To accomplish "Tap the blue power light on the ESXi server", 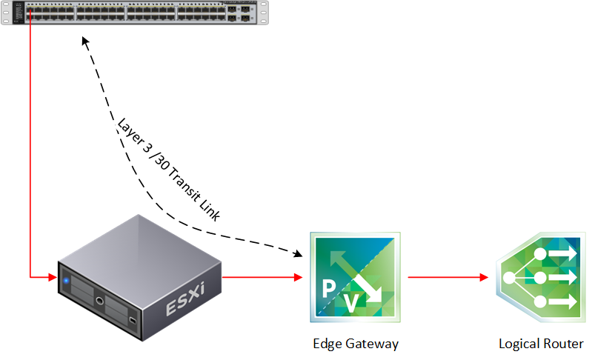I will (x=67, y=280).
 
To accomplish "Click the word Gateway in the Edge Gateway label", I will (x=374, y=344).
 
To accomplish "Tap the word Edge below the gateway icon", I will (x=327, y=344).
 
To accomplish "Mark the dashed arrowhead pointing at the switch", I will (x=85, y=44).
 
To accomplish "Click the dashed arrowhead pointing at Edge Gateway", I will (x=298, y=254).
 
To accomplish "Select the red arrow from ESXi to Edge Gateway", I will (x=263, y=278).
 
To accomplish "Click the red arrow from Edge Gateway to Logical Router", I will (x=448, y=278).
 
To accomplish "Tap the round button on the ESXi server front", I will (x=99, y=300).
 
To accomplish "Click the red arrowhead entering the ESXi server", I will (x=52, y=278).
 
